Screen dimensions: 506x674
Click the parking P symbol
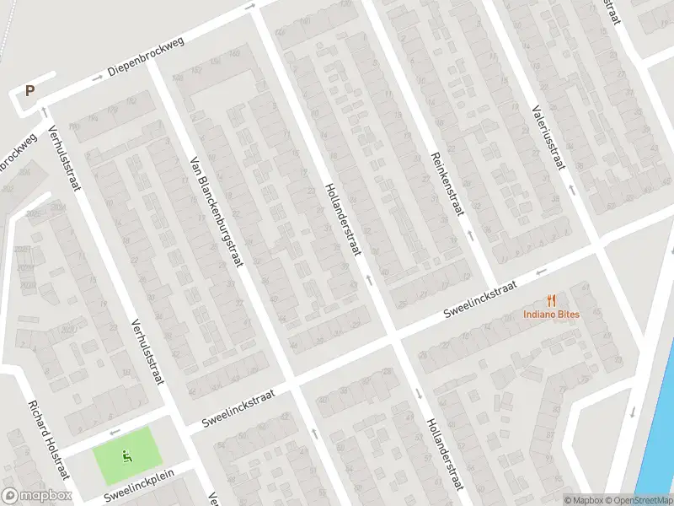[30, 91]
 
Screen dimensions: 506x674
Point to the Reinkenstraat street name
[447, 183]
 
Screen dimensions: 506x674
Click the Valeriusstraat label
[547, 134]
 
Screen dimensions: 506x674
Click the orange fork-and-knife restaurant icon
[551, 299]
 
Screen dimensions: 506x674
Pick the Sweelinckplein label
[139, 487]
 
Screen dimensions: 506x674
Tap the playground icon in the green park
[127, 457]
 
